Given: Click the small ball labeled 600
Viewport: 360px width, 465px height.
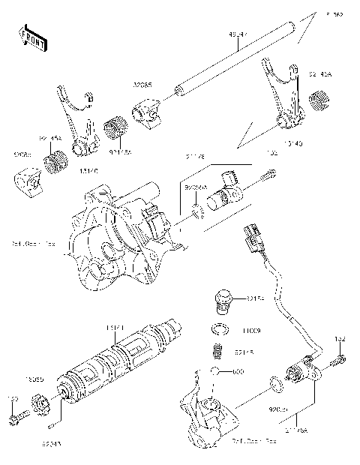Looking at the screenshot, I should point(214,371).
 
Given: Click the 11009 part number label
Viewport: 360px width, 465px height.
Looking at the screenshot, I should point(251,329).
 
